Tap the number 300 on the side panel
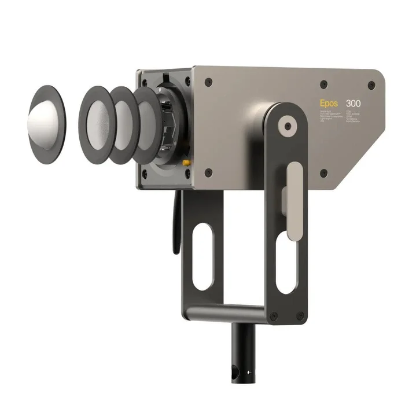tap(354, 103)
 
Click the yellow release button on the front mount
tap(186, 163)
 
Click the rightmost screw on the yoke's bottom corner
tap(300, 315)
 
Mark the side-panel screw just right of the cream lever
tap(323, 173)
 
